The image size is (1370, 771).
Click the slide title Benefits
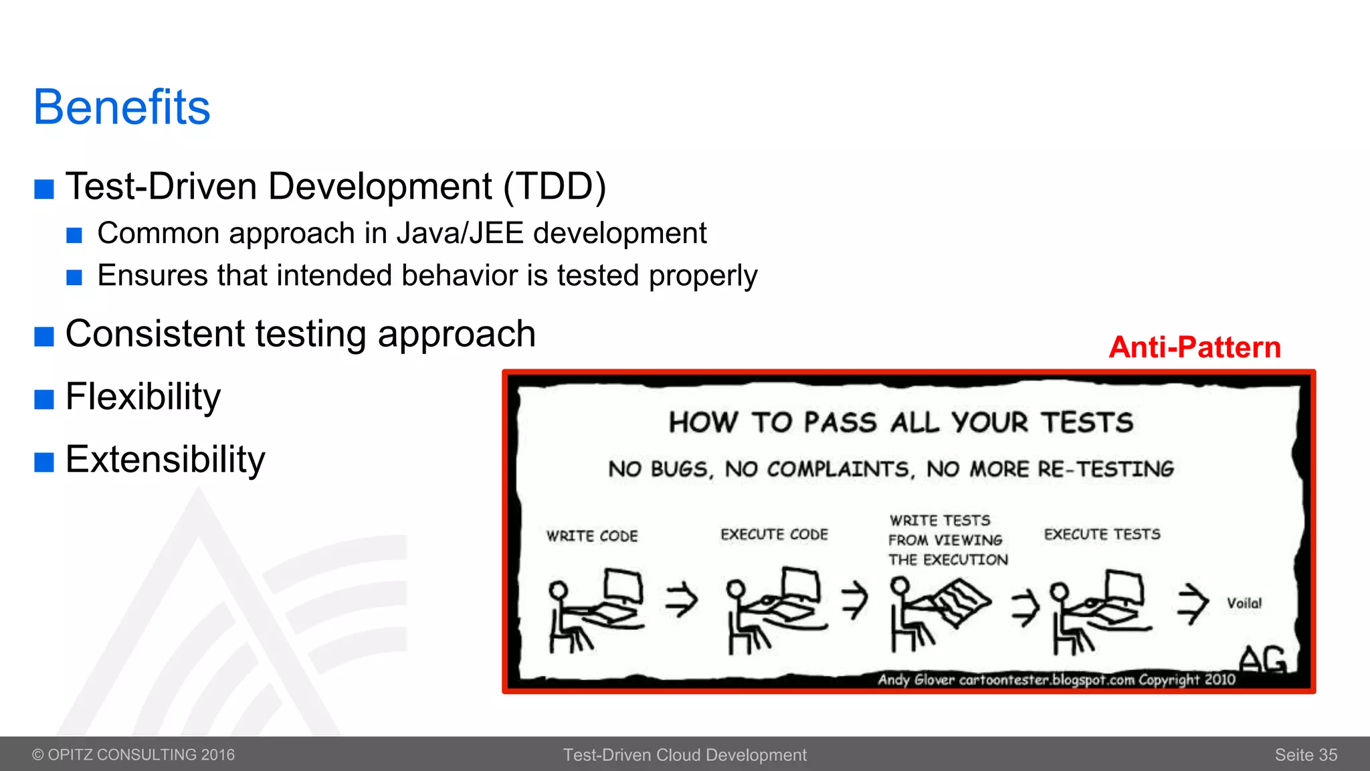tap(122, 107)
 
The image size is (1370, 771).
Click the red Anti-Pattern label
tap(1195, 347)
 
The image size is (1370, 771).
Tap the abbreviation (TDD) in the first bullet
tap(555, 186)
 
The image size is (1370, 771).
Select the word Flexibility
tap(143, 396)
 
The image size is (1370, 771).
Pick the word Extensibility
tap(165, 459)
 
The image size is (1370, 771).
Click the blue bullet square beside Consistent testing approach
tap(44, 336)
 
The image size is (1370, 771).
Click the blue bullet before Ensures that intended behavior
tap(74, 277)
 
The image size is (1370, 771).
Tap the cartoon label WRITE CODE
tap(592, 536)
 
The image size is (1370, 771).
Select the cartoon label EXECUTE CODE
tap(774, 534)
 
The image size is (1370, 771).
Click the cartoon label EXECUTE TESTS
tap(1102, 534)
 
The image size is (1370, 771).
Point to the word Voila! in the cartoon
tap(1244, 603)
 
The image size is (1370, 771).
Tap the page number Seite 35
tap(1306, 755)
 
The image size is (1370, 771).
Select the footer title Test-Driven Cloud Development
tap(685, 755)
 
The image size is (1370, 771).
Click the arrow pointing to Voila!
tap(1193, 603)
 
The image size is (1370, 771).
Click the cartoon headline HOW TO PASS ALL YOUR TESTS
tap(901, 423)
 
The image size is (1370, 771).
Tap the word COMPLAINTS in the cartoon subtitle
tap(840, 469)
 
